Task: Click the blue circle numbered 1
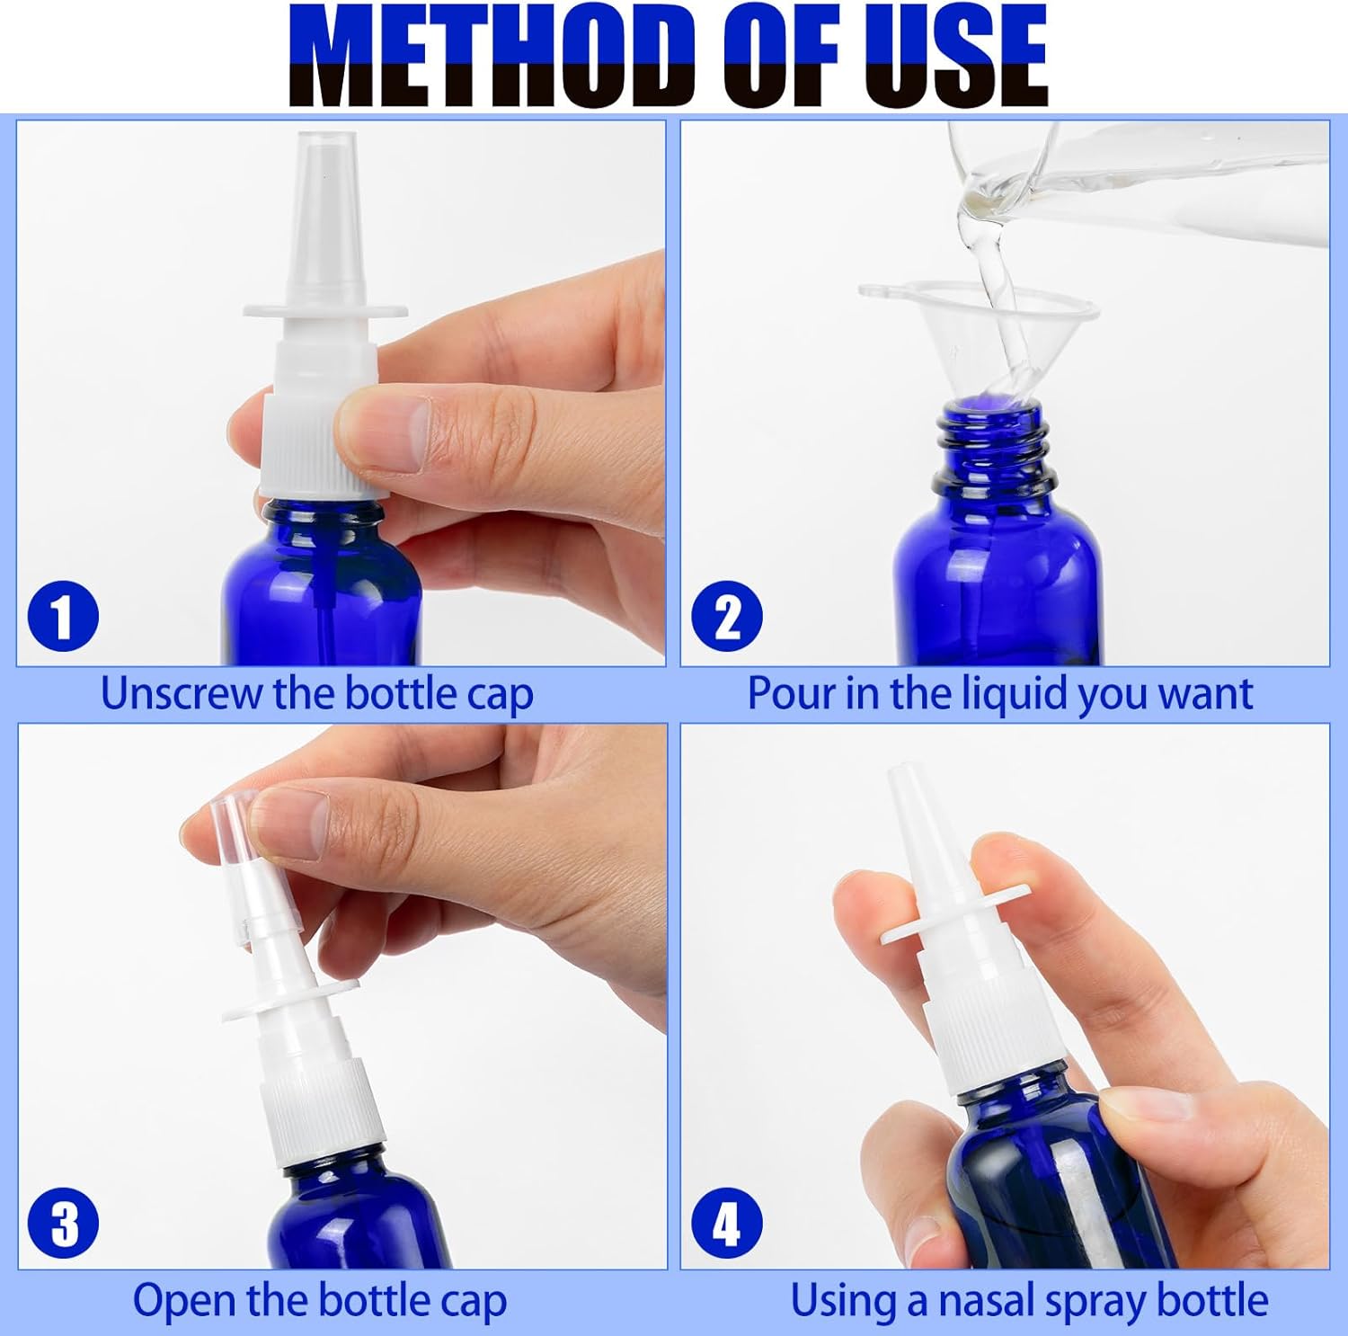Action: (x=63, y=617)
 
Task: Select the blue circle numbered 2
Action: (x=727, y=617)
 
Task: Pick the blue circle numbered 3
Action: (x=64, y=1224)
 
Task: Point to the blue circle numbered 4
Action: (x=727, y=1224)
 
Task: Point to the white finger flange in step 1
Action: (x=325, y=310)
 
